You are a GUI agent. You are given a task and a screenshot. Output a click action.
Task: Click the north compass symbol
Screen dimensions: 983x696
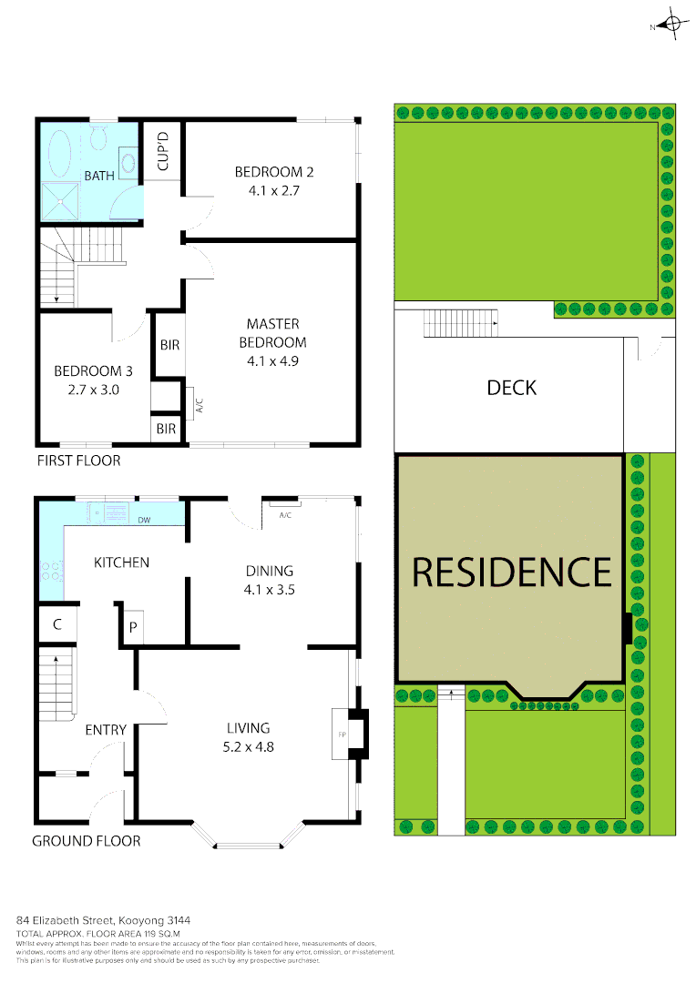672,25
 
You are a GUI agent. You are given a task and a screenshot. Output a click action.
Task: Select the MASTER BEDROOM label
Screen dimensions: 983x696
272,333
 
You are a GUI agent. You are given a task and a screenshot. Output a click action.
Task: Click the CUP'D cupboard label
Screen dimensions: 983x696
164,152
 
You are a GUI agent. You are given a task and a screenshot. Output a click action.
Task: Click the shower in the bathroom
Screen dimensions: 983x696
59,200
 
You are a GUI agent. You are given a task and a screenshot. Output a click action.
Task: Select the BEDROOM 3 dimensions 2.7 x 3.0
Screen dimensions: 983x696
87,389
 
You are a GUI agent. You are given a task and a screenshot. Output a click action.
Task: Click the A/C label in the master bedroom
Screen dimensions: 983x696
198,401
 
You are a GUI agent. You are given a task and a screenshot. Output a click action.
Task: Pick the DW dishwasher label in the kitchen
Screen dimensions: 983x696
144,521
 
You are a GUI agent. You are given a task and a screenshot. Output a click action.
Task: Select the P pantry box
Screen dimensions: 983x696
132,627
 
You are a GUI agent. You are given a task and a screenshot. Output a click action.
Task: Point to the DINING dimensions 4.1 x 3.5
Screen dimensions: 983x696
269,589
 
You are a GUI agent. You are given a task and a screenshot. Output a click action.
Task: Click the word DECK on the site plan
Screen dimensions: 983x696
512,388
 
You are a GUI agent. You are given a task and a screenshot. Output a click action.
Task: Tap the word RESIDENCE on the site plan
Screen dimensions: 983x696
511,572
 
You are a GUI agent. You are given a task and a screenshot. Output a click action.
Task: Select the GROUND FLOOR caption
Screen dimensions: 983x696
87,841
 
